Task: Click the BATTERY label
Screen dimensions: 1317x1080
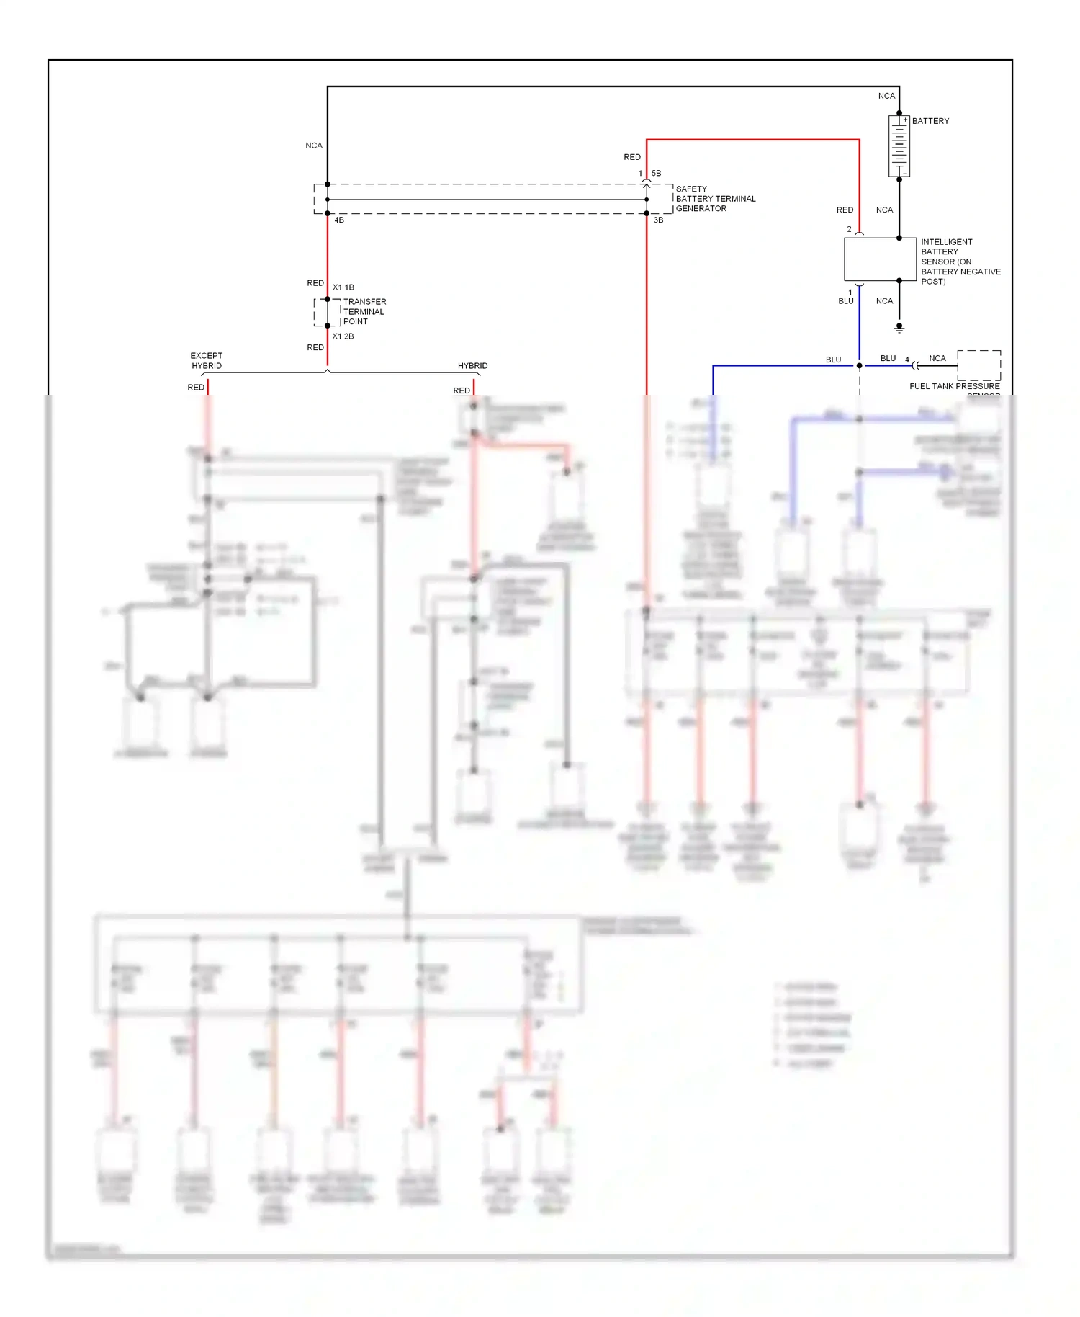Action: [930, 121]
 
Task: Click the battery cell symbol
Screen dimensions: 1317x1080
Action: [899, 146]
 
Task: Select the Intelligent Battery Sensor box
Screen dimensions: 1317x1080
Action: [880, 259]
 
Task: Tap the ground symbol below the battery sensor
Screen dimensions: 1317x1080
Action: [899, 328]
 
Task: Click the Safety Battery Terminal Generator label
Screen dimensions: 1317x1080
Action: [715, 199]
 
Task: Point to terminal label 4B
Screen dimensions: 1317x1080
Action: [339, 220]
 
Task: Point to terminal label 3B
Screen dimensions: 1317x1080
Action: [658, 220]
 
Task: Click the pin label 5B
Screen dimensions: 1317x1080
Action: [656, 174]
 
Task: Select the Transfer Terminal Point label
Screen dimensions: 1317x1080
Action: [364, 312]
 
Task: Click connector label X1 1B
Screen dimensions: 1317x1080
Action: [343, 287]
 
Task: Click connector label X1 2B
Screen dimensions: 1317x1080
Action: [343, 336]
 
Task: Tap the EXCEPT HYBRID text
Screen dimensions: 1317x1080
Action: [207, 361]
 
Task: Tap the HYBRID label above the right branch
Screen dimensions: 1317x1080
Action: [472, 366]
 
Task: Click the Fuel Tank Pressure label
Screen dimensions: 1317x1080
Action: [954, 387]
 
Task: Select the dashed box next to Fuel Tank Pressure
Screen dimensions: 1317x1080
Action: [978, 365]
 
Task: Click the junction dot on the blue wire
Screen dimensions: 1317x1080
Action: [859, 366]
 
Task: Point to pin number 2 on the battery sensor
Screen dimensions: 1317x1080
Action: [849, 229]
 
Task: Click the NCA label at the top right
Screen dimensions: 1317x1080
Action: [886, 96]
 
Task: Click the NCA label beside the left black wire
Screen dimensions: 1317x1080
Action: [314, 146]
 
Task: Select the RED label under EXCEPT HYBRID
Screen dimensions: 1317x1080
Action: [196, 388]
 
